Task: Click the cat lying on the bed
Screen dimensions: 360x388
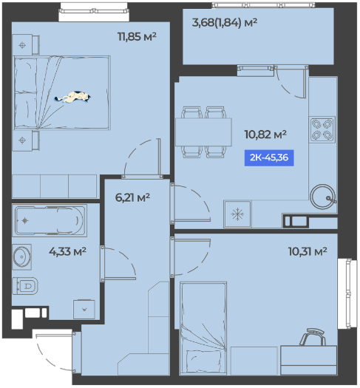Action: pos(72,97)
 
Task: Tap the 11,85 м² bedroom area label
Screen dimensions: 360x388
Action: pos(137,37)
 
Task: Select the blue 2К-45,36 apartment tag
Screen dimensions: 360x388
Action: pos(269,157)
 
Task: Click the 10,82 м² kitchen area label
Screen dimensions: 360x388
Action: pos(265,135)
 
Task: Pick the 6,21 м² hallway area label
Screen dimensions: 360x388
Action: pos(132,197)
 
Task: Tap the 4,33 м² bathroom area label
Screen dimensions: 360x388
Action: pos(67,252)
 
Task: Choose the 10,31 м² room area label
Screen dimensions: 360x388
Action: pos(308,251)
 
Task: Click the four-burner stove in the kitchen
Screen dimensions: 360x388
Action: pos(322,129)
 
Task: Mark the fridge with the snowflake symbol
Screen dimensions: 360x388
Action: pos(237,214)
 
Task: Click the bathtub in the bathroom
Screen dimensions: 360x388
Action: pos(50,220)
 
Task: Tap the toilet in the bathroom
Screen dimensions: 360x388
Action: pos(25,286)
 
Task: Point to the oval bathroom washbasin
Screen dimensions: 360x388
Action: pos(22,257)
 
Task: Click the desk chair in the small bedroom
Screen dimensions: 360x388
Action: pos(313,337)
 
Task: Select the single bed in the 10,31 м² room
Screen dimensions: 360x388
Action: pos(203,328)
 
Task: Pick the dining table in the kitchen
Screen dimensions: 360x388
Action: pos(203,132)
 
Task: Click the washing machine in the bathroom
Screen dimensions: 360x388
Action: pos(84,310)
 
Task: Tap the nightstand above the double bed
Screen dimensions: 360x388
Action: pos(26,44)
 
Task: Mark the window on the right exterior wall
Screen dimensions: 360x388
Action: pos(348,293)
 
